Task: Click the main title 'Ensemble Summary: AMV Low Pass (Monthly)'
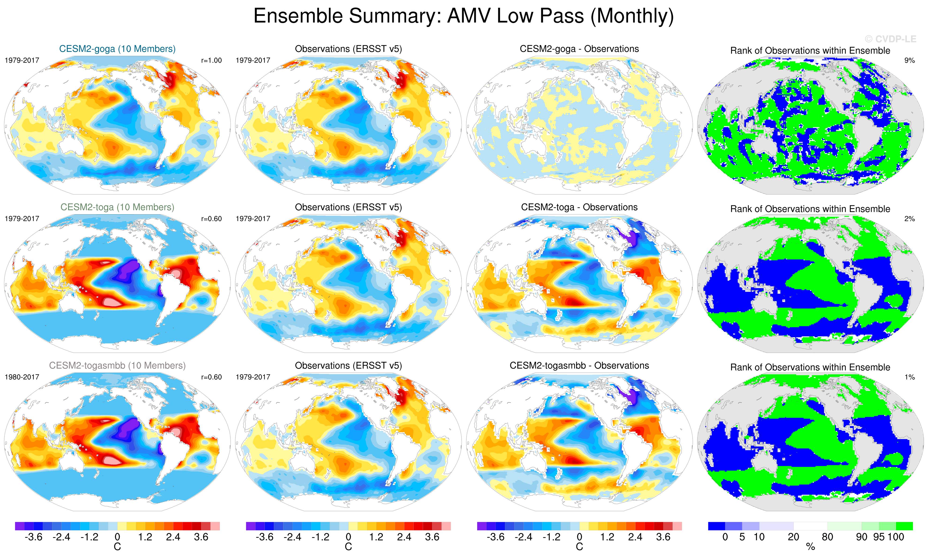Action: (463, 16)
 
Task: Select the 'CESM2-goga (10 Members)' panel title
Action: (117, 49)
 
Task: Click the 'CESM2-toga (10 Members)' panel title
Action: (117, 207)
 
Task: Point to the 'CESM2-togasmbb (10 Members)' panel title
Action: (117, 366)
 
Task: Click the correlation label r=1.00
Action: (211, 61)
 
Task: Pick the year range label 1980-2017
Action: (22, 377)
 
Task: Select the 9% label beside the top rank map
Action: (909, 61)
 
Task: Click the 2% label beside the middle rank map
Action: (909, 219)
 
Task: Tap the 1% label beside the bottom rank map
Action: (909, 377)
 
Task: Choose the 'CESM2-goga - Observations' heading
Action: (579, 49)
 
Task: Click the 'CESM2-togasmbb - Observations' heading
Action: (579, 366)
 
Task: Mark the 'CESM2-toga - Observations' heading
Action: (579, 207)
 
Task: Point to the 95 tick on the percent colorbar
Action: (879, 537)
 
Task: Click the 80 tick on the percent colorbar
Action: (827, 537)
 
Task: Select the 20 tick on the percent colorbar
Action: (793, 537)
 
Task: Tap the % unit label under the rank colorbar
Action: (810, 547)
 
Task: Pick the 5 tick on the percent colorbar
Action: (742, 537)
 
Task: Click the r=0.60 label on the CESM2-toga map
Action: (211, 219)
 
